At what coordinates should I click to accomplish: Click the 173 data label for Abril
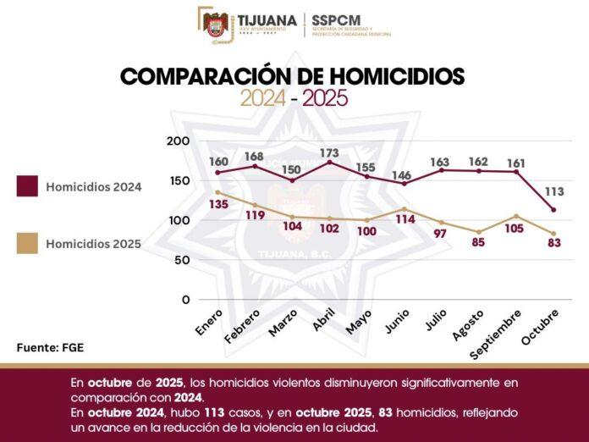tap(329, 153)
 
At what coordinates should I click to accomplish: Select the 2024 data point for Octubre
tap(553, 210)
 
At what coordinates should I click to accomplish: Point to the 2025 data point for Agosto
tap(479, 232)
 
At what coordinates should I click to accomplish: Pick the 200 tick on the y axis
tap(179, 141)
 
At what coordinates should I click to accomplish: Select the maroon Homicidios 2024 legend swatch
tap(29, 186)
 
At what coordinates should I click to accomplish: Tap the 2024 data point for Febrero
tap(255, 166)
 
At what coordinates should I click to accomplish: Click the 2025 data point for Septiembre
tap(516, 216)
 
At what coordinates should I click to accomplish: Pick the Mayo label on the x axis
tap(359, 323)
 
